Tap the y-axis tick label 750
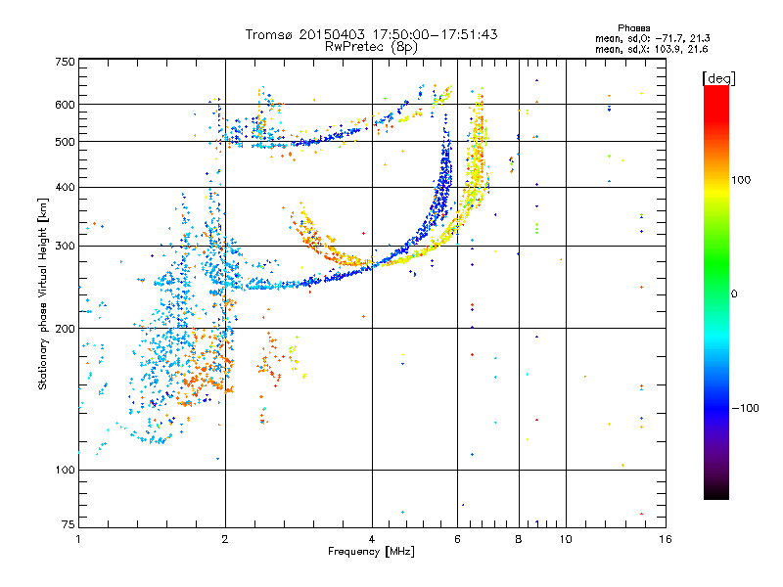[x=66, y=63]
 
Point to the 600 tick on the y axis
[x=66, y=105]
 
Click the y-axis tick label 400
[x=66, y=187]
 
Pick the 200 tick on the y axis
[x=66, y=329]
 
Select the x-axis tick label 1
[x=78, y=539]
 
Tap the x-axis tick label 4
[x=372, y=539]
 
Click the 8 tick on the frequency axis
[x=519, y=539]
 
